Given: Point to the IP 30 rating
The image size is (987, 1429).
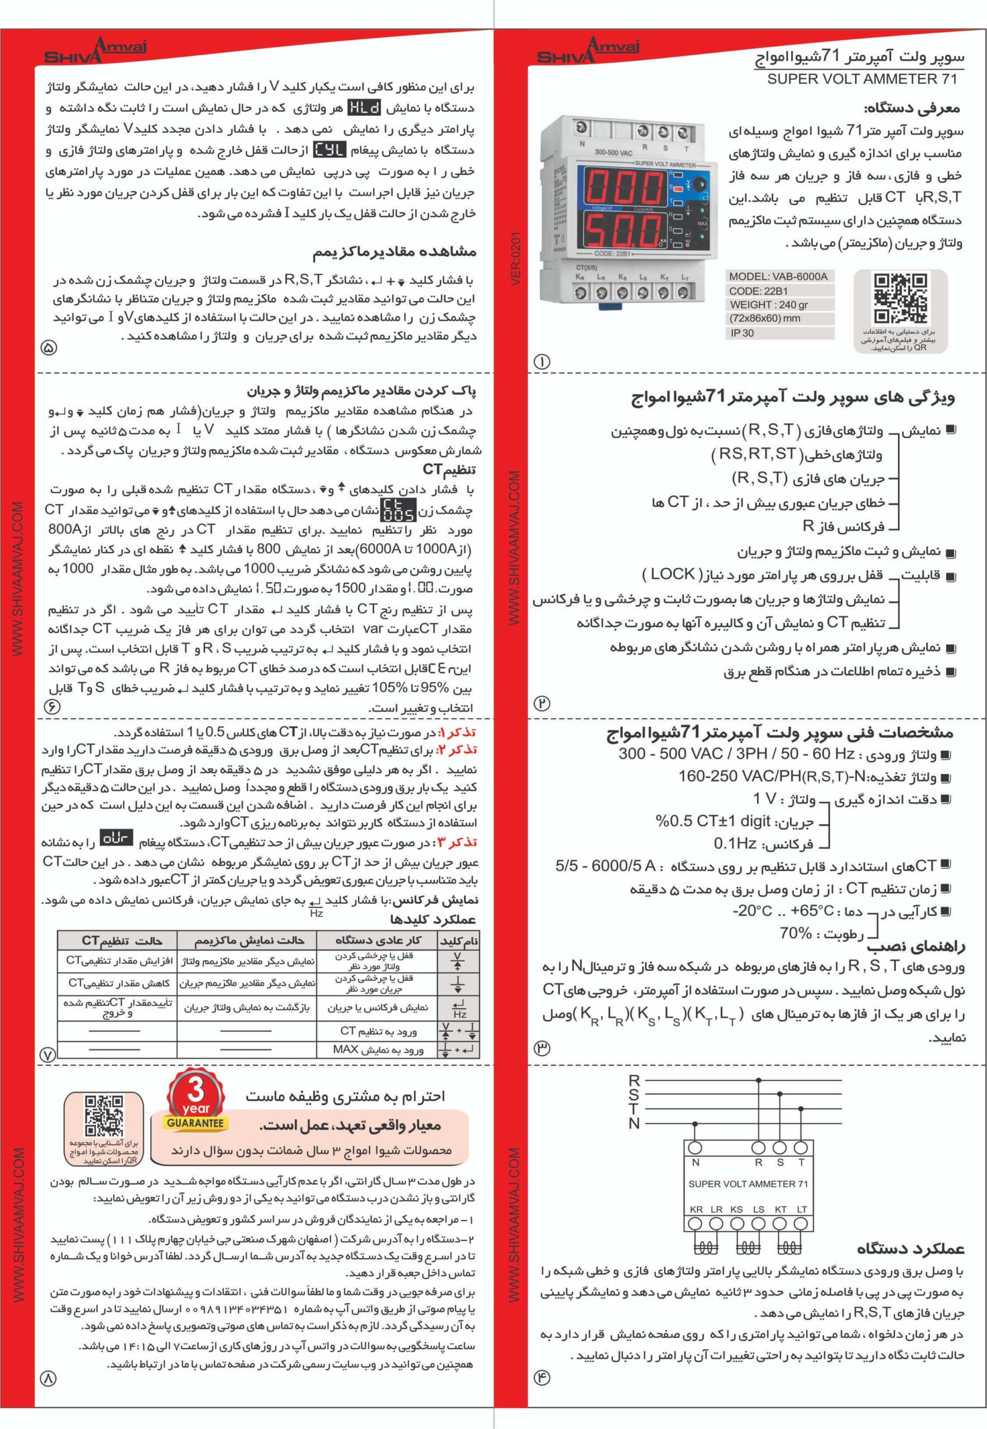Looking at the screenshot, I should (741, 333).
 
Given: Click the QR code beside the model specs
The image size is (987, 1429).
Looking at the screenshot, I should (901, 298).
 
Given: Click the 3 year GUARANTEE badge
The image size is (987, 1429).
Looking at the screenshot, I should (196, 1102).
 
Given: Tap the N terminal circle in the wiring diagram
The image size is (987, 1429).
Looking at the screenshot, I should (696, 1147).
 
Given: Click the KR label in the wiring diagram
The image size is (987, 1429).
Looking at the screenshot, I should (696, 1209).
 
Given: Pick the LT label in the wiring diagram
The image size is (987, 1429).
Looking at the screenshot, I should (802, 1209).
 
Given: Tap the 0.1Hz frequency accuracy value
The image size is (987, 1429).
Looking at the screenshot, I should (735, 843).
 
